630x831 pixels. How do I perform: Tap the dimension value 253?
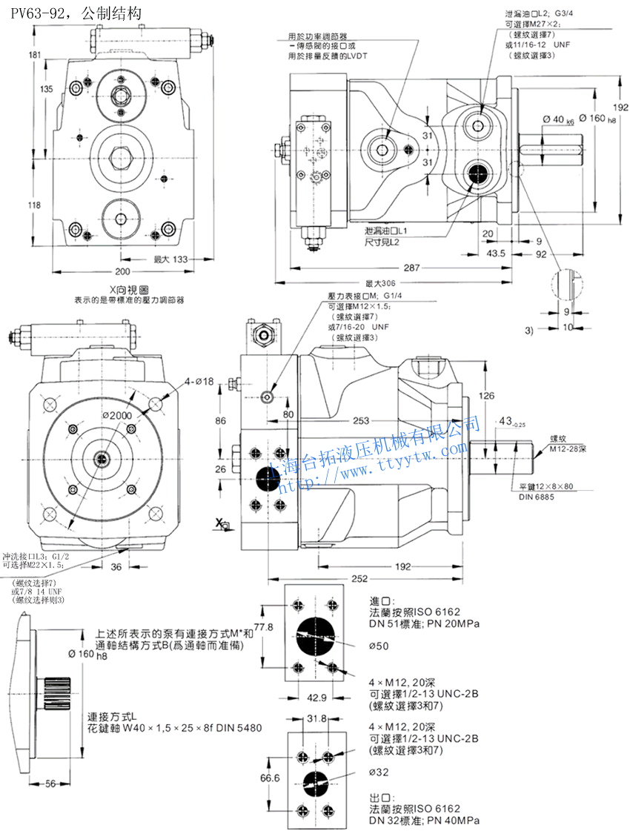tap(361, 421)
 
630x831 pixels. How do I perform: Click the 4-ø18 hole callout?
tap(199, 382)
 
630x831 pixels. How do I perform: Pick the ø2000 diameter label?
tap(117, 416)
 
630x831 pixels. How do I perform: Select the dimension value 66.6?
tap(271, 778)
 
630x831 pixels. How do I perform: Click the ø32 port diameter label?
tap(379, 772)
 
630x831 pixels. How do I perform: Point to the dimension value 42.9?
tap(316, 698)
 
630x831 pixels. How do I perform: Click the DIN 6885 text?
tap(536, 496)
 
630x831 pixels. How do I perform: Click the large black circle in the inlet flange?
tap(315, 635)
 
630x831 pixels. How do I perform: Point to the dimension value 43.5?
tap(497, 253)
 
